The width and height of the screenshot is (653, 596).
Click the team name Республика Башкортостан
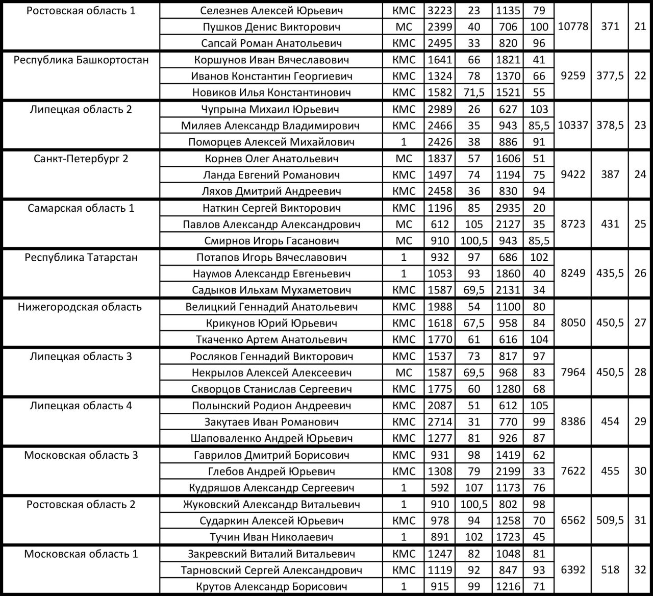click(x=81, y=60)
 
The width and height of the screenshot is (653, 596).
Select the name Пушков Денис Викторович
click(x=271, y=27)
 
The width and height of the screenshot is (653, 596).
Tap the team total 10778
click(x=573, y=27)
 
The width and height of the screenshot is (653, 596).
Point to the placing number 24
click(x=640, y=175)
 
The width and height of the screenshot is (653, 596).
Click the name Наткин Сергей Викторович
click(x=271, y=208)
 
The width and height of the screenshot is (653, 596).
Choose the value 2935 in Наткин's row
click(x=508, y=208)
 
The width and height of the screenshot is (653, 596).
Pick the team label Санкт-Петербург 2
click(x=81, y=158)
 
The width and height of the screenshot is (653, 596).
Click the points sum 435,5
click(x=610, y=274)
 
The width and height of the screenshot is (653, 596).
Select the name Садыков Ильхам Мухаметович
click(x=271, y=290)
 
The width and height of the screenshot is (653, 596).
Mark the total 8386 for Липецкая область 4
click(x=573, y=421)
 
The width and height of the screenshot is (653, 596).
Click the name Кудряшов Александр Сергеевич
click(x=271, y=487)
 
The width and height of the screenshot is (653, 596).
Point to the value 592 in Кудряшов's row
click(x=439, y=487)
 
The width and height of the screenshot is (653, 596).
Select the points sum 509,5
click(x=610, y=520)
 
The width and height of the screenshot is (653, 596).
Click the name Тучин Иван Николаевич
click(x=271, y=537)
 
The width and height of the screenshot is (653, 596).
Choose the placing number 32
click(x=640, y=570)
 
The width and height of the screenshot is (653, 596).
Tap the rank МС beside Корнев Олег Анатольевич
click(x=404, y=158)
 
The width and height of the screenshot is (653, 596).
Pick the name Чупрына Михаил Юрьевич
click(x=271, y=109)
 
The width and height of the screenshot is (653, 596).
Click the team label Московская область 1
click(x=81, y=554)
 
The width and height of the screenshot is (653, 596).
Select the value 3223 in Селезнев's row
click(x=439, y=10)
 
